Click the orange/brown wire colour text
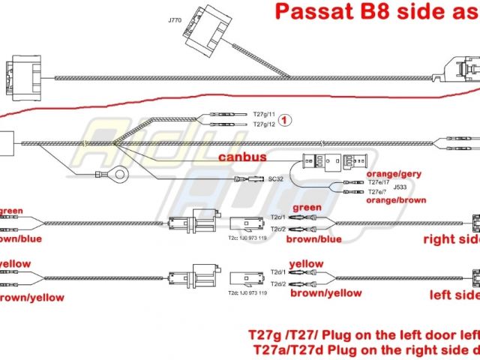pyautogui.click(x=396, y=200)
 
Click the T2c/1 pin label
pyautogui.click(x=278, y=217)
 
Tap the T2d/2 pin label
pyautogui.click(x=277, y=284)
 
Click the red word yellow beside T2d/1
pyautogui.click(x=306, y=264)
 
